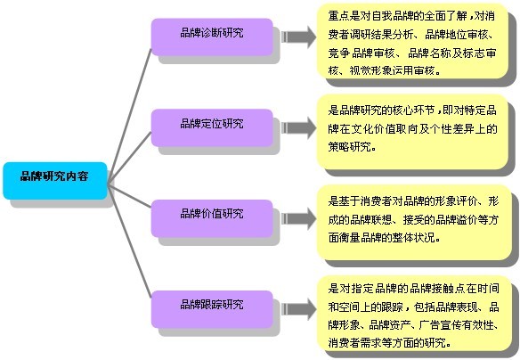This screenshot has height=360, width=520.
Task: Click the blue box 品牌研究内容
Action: pyautogui.click(x=55, y=181)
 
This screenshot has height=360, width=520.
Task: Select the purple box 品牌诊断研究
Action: pyautogui.click(x=212, y=37)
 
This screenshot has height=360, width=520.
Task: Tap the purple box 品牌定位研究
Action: pyautogui.click(x=212, y=127)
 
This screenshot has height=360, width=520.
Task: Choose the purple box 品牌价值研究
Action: pyautogui.click(x=212, y=218)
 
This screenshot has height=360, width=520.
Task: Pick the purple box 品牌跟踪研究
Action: pyautogui.click(x=212, y=309)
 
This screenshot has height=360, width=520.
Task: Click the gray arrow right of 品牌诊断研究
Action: pyautogui.click(x=299, y=37)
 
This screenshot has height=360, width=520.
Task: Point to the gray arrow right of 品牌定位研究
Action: pyautogui.click(x=299, y=127)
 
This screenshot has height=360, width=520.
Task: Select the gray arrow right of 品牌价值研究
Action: pyautogui.click(x=299, y=218)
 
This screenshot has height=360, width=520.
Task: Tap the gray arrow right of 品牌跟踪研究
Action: pyautogui.click(x=299, y=309)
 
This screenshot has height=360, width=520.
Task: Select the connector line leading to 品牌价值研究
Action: pyautogui.click(x=130, y=196)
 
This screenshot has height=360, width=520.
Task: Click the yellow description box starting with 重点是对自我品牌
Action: pyautogui.click(x=412, y=42)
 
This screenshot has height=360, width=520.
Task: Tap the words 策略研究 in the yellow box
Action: pyautogui.click(x=349, y=146)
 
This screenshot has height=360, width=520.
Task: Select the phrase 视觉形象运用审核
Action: pyautogui.click(x=392, y=70)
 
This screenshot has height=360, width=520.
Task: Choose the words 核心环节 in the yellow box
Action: pyautogui.click(x=413, y=110)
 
